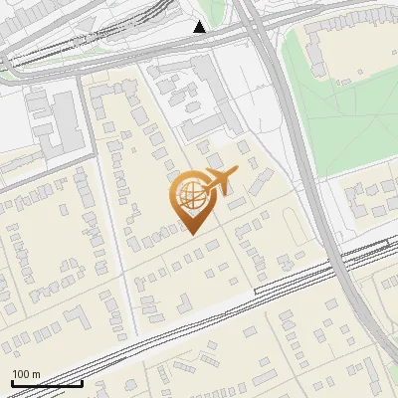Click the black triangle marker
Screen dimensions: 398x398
[x=200, y=26]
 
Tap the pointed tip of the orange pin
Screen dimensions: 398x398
[x=191, y=234]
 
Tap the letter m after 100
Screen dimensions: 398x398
[x=37, y=374]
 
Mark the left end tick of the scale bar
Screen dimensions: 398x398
[x=11, y=382]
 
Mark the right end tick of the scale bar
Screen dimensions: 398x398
[x=82, y=382]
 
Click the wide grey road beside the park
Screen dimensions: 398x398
[x=298, y=149]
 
